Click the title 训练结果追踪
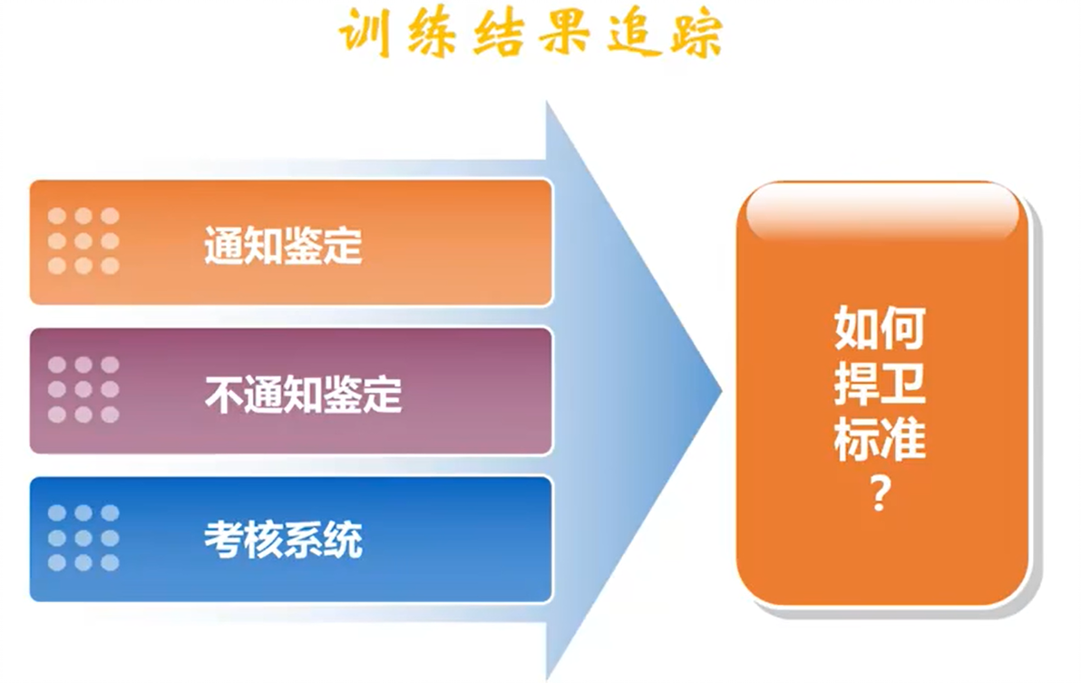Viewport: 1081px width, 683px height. [x=531, y=33]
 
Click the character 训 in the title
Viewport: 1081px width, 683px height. [x=365, y=33]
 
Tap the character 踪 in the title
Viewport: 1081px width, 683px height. [x=697, y=33]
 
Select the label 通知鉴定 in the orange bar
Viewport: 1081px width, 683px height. [x=283, y=245]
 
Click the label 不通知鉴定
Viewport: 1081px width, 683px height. [x=303, y=394]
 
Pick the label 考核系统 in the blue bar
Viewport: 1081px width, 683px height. [x=283, y=539]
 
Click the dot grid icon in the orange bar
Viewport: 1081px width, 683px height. [x=83, y=241]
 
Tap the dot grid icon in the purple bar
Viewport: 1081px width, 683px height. [x=83, y=389]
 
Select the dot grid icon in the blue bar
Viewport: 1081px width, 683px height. [x=83, y=538]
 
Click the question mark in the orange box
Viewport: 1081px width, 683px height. [x=880, y=493]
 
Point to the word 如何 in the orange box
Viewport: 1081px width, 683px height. [x=880, y=328]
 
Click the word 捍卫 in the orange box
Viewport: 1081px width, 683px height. [x=880, y=383]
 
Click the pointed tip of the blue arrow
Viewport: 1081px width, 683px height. [x=721, y=391]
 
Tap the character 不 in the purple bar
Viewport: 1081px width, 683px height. [x=223, y=394]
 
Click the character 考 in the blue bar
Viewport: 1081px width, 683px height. [x=223, y=539]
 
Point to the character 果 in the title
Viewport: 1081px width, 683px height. [x=564, y=33]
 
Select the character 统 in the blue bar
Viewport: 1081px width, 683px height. [x=343, y=539]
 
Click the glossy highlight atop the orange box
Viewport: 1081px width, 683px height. [x=882, y=211]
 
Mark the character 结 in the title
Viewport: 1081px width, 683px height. [x=499, y=33]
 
